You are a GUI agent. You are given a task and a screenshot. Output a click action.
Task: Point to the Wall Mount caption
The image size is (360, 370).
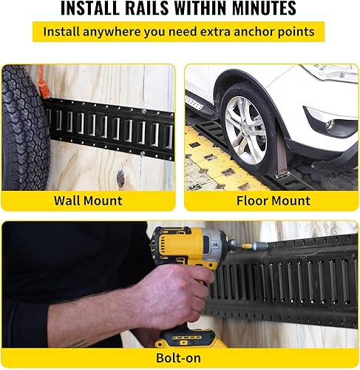click(x=88, y=200)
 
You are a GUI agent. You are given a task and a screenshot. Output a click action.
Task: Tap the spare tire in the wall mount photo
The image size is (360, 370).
click(x=22, y=126)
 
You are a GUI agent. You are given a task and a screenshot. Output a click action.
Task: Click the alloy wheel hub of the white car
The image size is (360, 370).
click(x=246, y=130)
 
